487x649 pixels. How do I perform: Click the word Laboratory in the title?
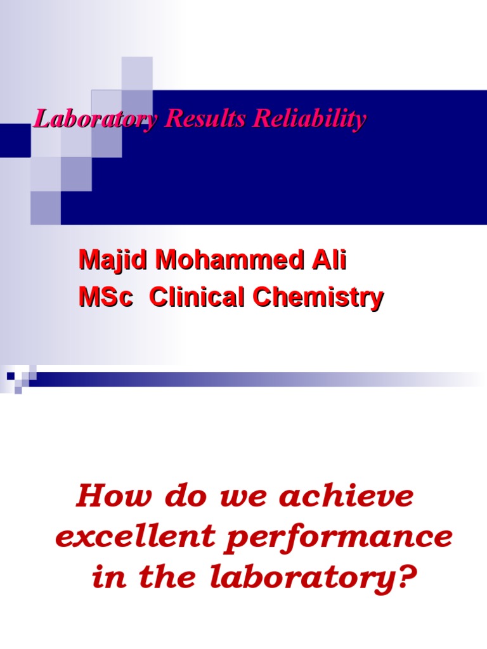[x=95, y=119]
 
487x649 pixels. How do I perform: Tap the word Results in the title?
[x=205, y=119]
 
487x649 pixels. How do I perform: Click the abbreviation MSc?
[x=105, y=297]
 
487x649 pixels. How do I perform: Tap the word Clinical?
[x=196, y=297]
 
